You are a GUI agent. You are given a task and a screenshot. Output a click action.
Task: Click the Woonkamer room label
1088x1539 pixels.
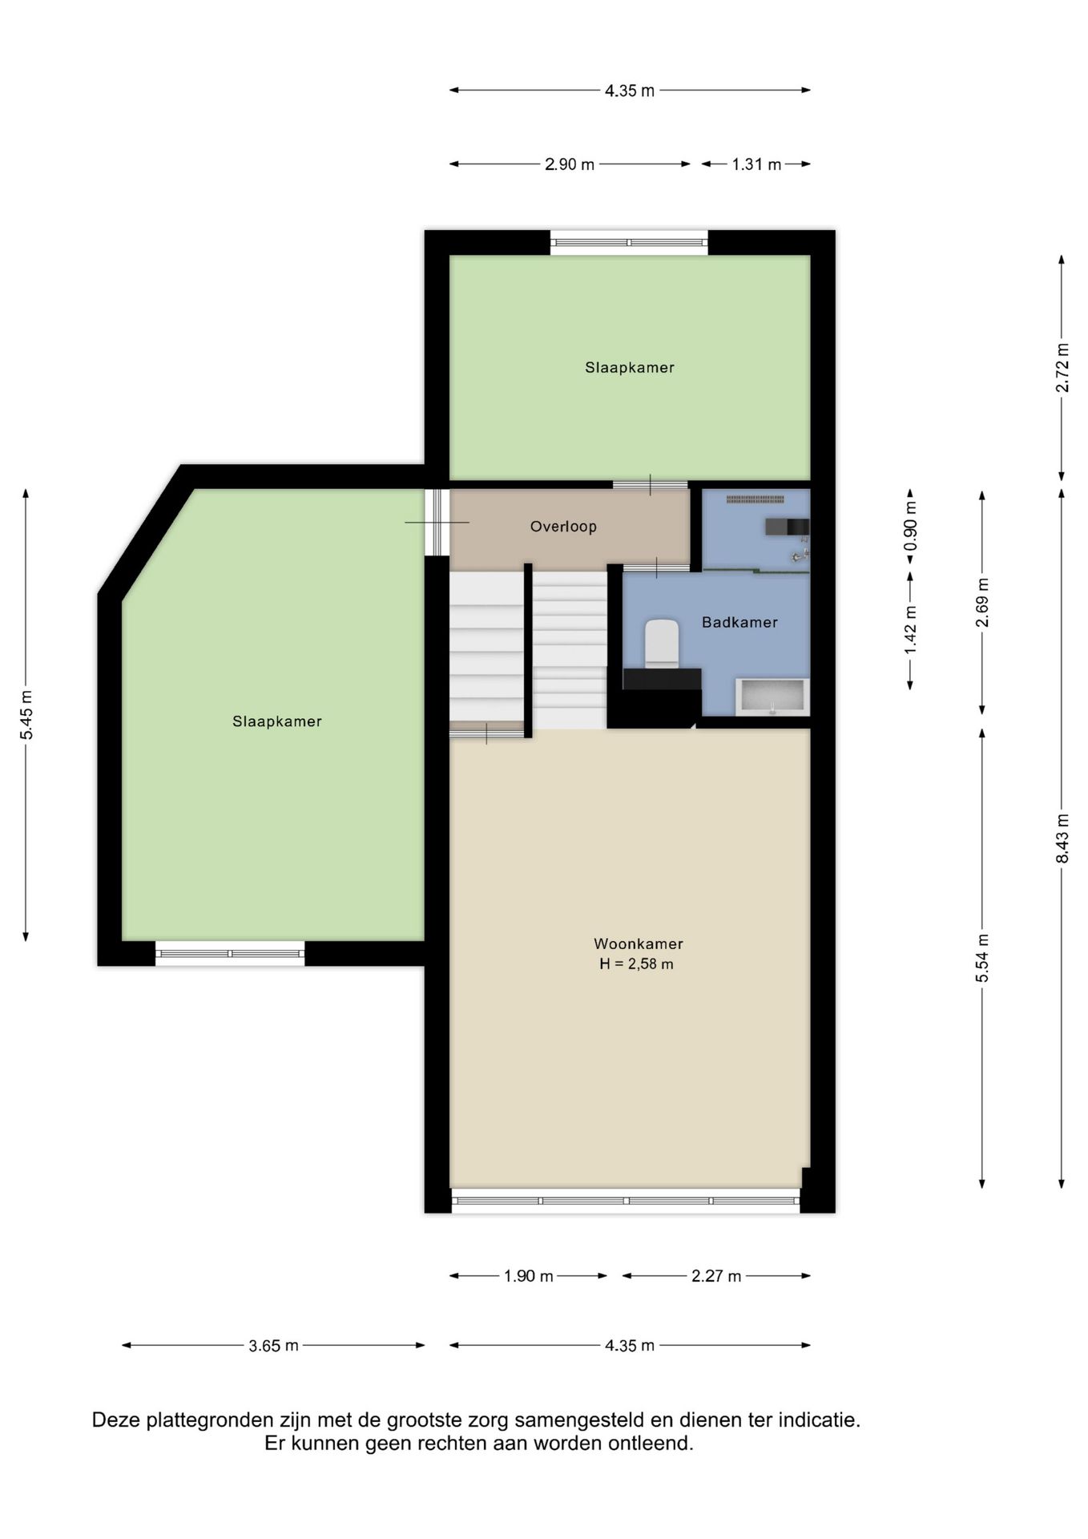[638, 944]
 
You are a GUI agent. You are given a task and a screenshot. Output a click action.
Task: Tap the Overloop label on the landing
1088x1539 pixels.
[563, 527]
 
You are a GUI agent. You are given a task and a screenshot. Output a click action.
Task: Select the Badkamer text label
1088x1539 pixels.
[739, 622]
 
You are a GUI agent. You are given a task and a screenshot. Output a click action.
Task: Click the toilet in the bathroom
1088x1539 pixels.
[662, 643]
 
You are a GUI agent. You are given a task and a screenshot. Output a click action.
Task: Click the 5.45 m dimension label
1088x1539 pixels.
[27, 715]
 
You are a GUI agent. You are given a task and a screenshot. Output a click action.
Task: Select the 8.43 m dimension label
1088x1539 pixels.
[1062, 838]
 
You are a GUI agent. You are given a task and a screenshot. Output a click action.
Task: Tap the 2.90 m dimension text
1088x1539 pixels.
[570, 164]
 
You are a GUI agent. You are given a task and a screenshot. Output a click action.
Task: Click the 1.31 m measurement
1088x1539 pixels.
[756, 164]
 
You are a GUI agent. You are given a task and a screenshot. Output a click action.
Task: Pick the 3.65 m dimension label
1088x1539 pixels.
[273, 1346]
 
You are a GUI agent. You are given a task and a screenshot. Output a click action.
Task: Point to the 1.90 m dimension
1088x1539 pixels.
[528, 1276]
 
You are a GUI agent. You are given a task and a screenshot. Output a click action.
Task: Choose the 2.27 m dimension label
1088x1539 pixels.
[716, 1276]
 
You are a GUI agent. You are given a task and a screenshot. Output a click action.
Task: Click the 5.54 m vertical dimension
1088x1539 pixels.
[983, 958]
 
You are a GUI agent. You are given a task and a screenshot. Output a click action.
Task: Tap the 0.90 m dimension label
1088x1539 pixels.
[911, 531]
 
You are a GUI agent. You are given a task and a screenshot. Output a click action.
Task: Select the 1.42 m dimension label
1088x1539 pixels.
[911, 629]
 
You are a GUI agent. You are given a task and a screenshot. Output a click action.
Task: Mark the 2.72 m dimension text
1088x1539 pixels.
[1062, 368]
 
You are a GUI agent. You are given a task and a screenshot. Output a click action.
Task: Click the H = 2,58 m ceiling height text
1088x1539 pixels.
[636, 964]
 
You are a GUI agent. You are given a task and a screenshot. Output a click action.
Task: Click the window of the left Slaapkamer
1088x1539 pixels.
[230, 953]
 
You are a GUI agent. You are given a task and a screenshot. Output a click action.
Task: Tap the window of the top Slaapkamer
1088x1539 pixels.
[629, 242]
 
